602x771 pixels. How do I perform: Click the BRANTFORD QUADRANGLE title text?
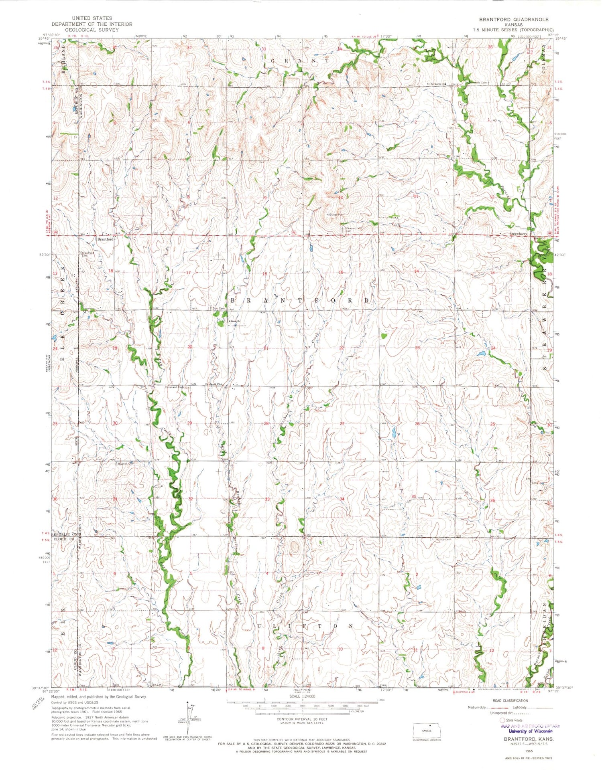tap(513, 19)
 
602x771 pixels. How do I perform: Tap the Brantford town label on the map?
tap(106, 239)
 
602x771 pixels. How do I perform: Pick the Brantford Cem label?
tap(88, 254)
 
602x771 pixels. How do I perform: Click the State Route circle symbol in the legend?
tap(502, 720)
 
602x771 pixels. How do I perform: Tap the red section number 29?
tap(189, 423)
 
